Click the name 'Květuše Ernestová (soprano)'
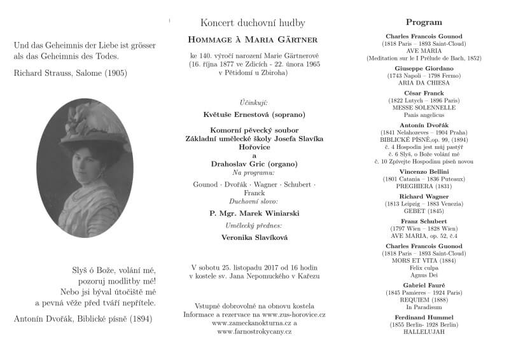pos(254,115)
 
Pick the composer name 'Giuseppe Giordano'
pos(424,68)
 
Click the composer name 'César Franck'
pos(424,93)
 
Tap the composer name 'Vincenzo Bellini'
pos(424,172)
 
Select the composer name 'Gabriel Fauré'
pos(424,285)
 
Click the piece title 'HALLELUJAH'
pos(424,332)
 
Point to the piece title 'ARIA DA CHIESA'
pos(424,83)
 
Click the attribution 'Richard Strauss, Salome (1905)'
pos(70,73)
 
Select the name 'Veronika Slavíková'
pos(254,237)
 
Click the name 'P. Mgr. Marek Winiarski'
pos(254,213)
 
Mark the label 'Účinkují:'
pos(254,102)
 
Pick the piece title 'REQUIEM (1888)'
pos(424,300)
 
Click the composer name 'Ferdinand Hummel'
pos(424,317)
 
